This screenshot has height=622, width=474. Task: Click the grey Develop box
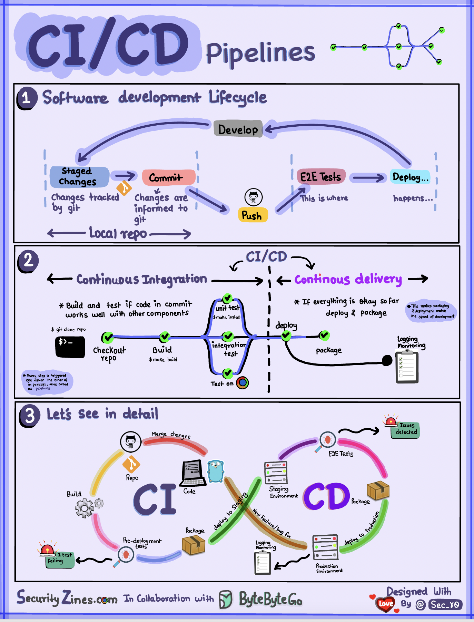(x=238, y=129)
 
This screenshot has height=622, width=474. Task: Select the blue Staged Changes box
(x=79, y=176)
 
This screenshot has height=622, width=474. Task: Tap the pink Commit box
(x=168, y=177)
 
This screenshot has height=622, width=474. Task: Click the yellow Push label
(x=252, y=215)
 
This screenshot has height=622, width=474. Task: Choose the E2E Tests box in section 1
(x=320, y=177)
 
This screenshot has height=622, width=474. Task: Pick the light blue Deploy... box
(x=410, y=177)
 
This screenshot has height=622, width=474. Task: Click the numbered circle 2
(x=28, y=261)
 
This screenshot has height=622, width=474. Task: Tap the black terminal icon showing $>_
(x=70, y=347)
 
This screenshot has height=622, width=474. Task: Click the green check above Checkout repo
(x=108, y=337)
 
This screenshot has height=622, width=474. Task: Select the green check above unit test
(x=227, y=298)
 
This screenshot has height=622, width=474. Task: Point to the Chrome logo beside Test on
(x=243, y=382)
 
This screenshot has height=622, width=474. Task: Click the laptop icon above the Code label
(x=193, y=473)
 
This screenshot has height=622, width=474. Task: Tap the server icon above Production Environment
(x=325, y=547)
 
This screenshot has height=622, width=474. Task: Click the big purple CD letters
(x=326, y=496)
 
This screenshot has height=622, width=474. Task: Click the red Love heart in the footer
(x=385, y=604)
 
